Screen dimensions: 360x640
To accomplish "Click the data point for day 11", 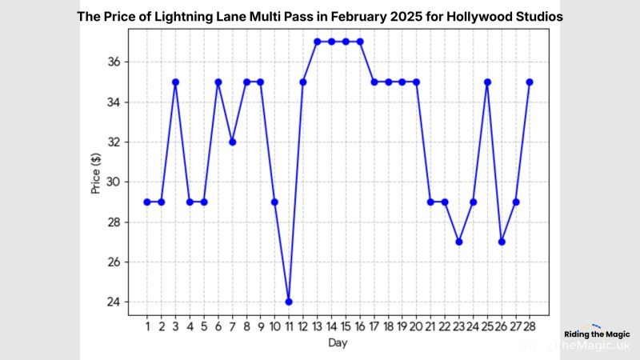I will tap(288, 302).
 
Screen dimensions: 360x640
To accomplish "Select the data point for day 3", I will tap(175, 82).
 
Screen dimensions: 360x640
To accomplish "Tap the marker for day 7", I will tap(232, 142).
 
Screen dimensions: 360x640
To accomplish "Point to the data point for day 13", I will tap(317, 42).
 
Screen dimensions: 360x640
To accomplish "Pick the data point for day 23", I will tap(458, 242).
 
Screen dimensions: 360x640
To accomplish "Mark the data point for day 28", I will tap(530, 82).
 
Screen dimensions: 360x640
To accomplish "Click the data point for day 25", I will tap(487, 82).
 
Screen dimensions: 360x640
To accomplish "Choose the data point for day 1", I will tap(147, 202).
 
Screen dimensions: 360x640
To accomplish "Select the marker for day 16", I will tap(359, 42).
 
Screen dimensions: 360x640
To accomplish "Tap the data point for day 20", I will tap(416, 82).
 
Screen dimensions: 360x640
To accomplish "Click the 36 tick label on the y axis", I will tap(114, 62).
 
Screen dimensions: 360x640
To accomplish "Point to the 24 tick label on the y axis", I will tap(114, 302).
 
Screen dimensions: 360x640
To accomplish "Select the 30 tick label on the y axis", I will tap(114, 182).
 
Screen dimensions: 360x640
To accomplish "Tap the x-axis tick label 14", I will tap(331, 326).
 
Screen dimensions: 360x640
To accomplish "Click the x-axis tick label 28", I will tap(530, 326).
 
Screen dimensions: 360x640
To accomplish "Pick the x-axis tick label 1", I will tap(147, 326).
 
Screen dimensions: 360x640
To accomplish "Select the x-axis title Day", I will tap(338, 342).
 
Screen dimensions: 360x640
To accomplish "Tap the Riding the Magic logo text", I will tap(597, 334).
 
